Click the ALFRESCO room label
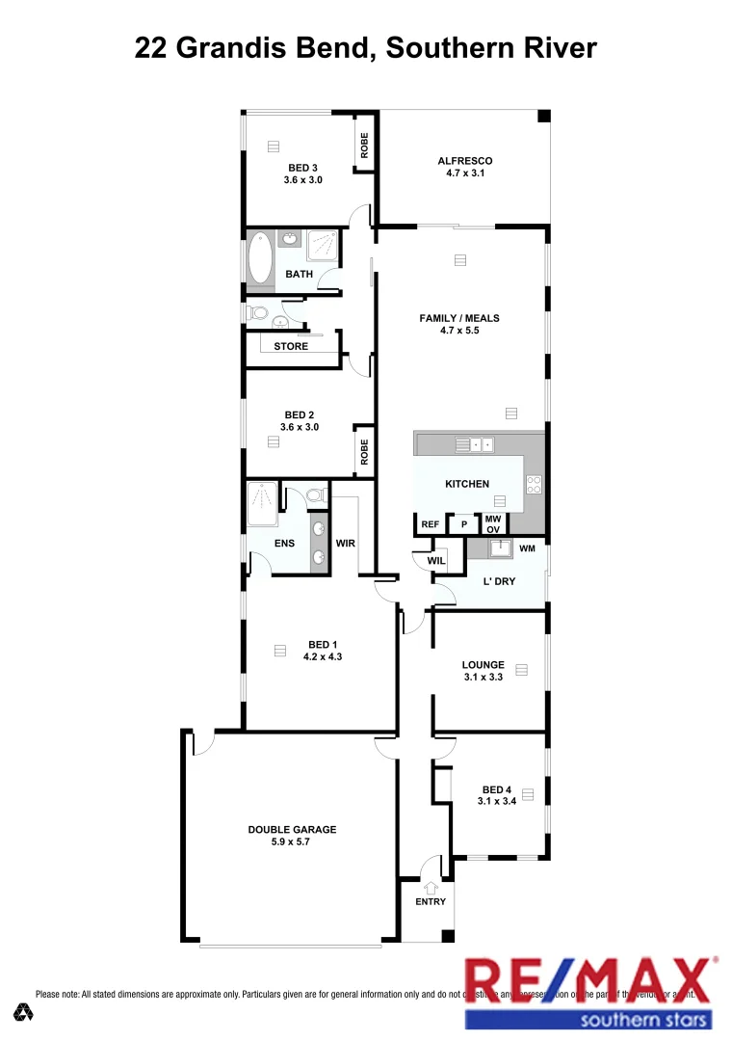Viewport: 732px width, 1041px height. [465, 161]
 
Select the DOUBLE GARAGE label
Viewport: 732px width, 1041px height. [292, 829]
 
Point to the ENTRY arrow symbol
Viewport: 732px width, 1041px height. [430, 887]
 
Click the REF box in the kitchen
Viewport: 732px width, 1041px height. [431, 524]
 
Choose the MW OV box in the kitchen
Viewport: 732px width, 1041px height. [492, 524]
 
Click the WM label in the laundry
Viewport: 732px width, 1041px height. [527, 549]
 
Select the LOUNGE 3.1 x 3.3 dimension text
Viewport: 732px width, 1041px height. [483, 678]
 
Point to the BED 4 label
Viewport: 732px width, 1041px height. [496, 788]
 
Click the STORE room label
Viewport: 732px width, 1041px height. [291, 346]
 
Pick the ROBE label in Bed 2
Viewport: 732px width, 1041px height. [364, 452]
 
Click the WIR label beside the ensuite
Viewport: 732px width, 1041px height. [346, 544]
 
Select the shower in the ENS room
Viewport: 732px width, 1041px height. [262, 504]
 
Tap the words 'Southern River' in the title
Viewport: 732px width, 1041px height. [491, 46]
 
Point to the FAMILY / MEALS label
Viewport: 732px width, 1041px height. [459, 318]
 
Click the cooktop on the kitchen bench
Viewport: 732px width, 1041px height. [535, 485]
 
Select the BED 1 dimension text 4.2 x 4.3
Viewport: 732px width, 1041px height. [323, 656]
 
